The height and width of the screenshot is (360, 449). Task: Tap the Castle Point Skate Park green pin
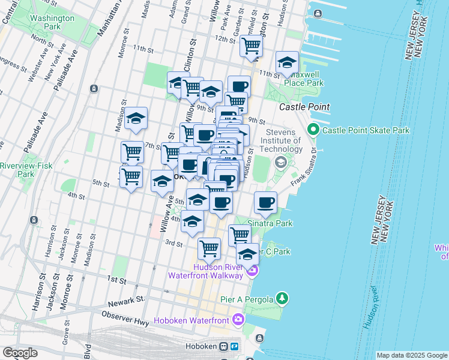[313, 130]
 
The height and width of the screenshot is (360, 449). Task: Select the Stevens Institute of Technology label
[281, 140]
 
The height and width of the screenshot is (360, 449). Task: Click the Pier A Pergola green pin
[282, 298]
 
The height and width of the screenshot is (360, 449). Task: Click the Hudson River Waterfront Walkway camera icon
[252, 271]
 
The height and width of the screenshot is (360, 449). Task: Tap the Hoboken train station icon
[223, 346]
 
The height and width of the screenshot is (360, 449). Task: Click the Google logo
[20, 353]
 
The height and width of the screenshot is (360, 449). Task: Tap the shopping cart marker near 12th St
[251, 46]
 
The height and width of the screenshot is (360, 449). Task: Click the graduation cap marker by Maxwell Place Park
[288, 62]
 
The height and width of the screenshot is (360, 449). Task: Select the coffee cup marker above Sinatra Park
[265, 202]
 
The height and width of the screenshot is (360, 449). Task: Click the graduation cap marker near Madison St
[136, 117]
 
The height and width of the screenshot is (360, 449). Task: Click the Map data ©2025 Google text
[412, 355]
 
